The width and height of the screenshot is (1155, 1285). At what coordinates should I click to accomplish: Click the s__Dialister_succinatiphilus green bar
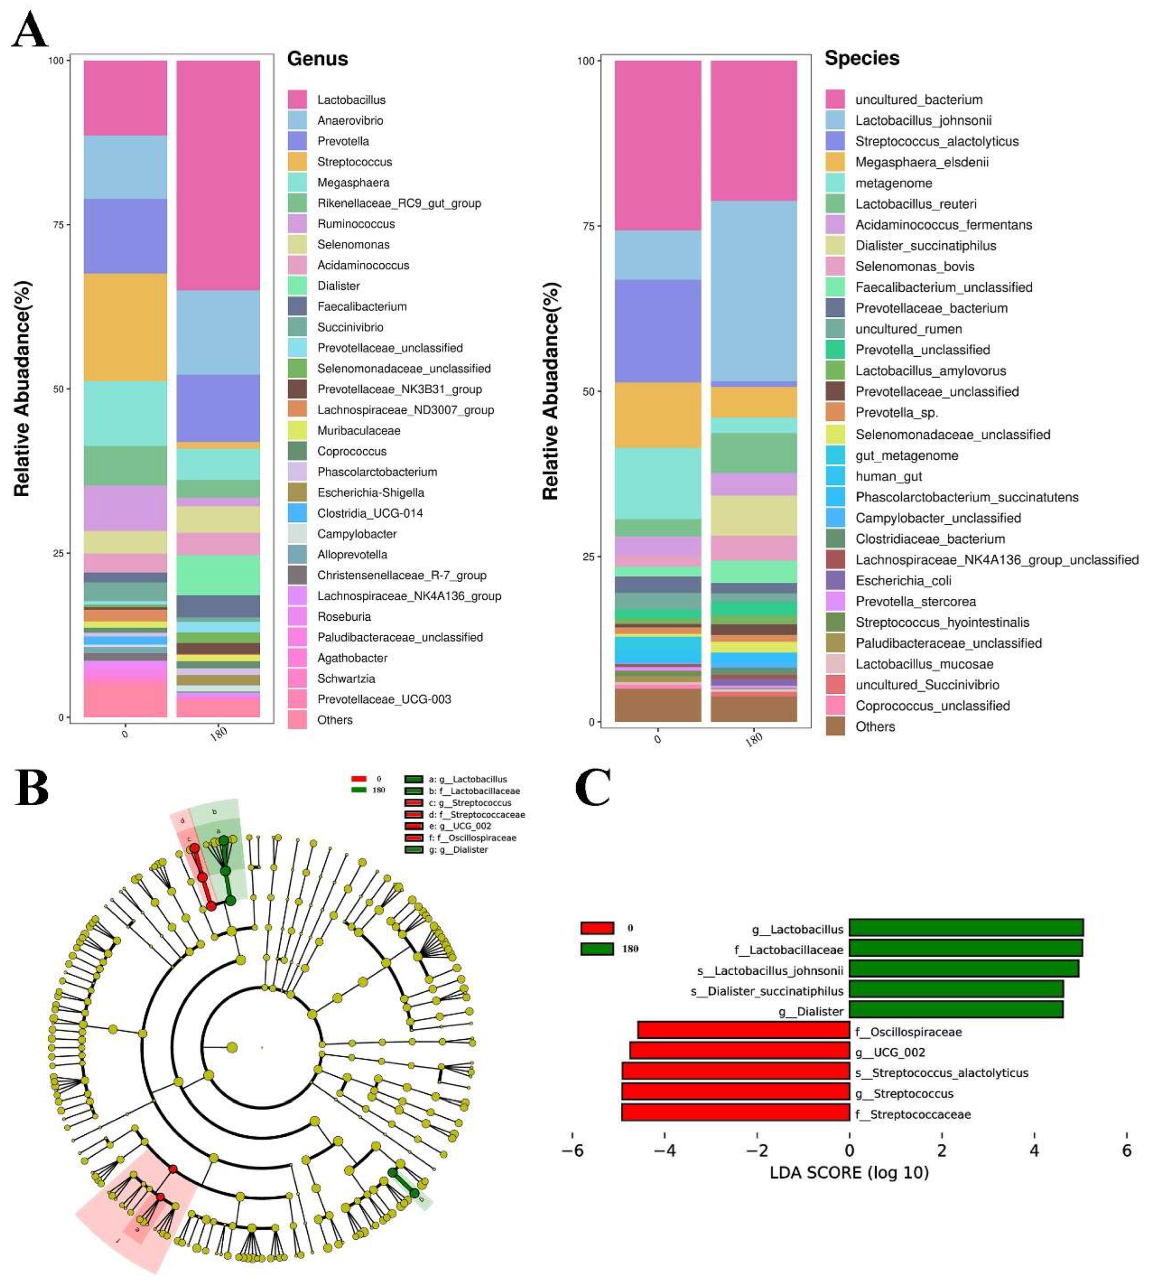point(955,989)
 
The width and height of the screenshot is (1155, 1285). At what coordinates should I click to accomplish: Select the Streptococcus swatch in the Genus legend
point(297,162)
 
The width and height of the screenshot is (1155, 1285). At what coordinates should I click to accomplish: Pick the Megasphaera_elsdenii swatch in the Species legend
point(835,162)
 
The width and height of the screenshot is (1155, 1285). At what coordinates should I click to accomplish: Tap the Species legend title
point(861,58)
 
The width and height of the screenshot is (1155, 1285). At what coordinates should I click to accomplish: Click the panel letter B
point(32,788)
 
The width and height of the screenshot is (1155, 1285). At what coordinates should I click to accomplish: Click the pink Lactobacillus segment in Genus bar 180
point(218,175)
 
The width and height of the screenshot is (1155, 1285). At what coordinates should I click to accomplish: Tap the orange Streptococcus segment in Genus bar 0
point(125,327)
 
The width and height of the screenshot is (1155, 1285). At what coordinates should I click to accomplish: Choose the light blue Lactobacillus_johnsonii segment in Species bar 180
point(753,291)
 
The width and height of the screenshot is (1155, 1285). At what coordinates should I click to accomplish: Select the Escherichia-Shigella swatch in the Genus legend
point(297,493)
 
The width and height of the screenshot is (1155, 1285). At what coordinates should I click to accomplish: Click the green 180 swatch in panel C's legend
point(596,948)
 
